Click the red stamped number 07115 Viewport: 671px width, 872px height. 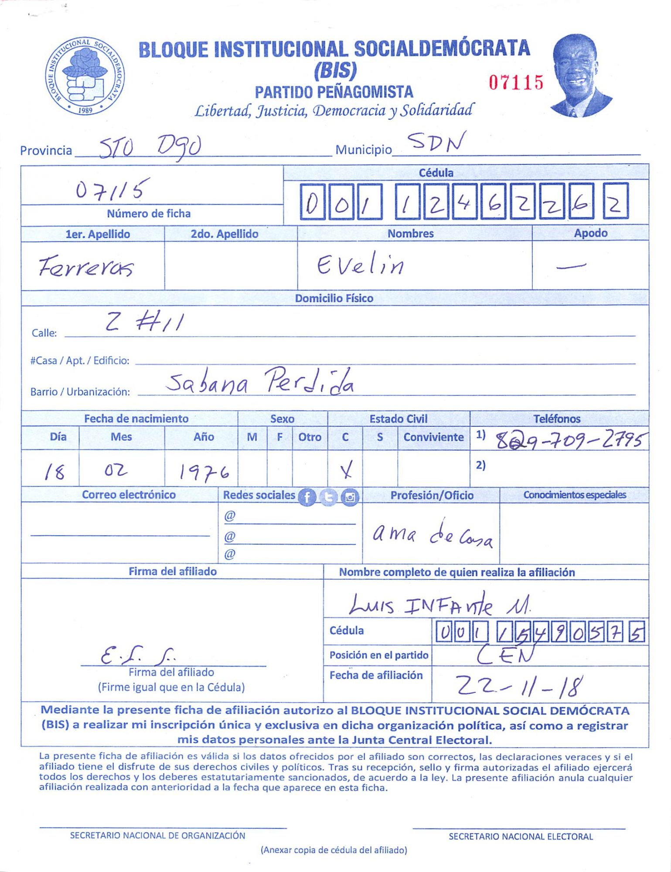click(x=516, y=82)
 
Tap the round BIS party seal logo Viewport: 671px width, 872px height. click(x=85, y=77)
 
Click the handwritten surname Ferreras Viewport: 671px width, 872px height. click(x=86, y=266)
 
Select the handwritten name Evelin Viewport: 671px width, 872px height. click(x=360, y=265)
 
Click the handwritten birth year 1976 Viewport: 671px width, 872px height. click(x=204, y=472)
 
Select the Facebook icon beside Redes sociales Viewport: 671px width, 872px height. click(x=307, y=497)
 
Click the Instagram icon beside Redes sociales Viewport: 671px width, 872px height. click(x=350, y=497)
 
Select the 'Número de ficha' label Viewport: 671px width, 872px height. click(x=149, y=214)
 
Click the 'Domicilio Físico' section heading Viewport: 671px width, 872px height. click(x=334, y=298)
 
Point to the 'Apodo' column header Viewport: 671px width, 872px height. click(x=590, y=233)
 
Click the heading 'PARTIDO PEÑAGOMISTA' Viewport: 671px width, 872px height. click(x=334, y=92)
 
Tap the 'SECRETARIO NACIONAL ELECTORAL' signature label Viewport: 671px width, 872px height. click(x=521, y=836)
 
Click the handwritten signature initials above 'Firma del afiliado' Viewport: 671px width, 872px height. click(x=137, y=654)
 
